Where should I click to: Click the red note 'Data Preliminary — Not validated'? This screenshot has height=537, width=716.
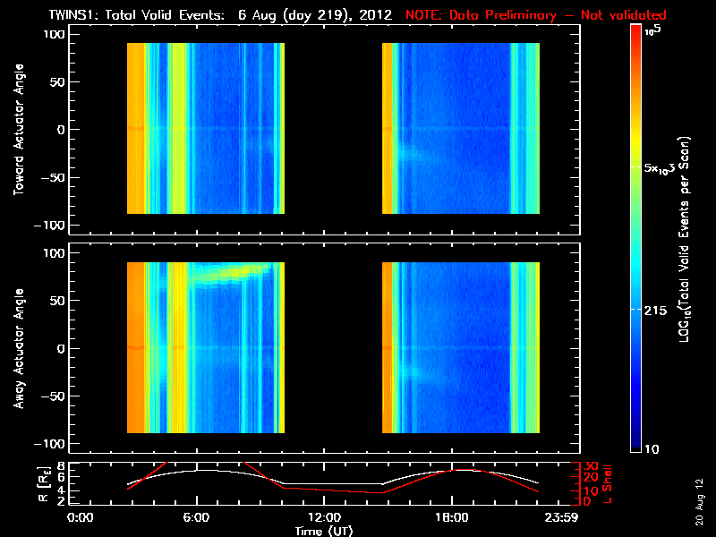click(536, 15)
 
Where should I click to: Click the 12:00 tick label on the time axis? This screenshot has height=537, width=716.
click(323, 517)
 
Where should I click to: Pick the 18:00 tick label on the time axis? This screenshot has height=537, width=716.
click(451, 517)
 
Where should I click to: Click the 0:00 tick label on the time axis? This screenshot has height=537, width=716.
click(81, 517)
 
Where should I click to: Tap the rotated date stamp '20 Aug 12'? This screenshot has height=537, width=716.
click(697, 501)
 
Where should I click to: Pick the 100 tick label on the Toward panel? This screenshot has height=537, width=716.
click(55, 33)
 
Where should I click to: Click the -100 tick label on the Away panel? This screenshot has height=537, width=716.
click(53, 444)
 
